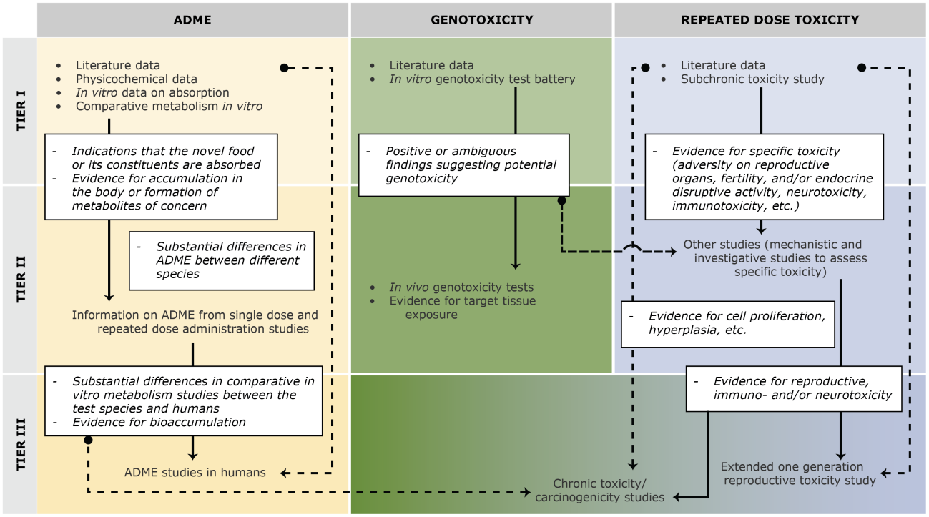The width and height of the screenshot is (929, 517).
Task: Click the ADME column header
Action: coord(192,19)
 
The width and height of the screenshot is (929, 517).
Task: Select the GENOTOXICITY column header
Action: coord(481,19)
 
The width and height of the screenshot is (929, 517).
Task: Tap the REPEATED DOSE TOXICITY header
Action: coord(770,19)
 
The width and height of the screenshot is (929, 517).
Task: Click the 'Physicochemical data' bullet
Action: coord(136,79)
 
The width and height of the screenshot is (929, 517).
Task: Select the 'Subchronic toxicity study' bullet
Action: coord(752,79)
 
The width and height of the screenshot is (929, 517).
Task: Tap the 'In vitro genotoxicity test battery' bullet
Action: coord(482,79)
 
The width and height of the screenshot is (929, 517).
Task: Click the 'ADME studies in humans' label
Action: coord(195,473)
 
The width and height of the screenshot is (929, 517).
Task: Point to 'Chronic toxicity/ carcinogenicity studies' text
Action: coord(599,491)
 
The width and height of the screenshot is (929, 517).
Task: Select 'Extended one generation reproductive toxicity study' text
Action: coord(799,473)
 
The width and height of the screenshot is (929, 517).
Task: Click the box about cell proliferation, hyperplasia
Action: coord(727,322)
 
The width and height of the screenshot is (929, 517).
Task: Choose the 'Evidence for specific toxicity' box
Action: coord(762,178)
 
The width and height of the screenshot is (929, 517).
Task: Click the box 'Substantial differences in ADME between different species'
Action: coord(222,260)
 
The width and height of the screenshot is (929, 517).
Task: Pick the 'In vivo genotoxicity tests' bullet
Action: coord(461,287)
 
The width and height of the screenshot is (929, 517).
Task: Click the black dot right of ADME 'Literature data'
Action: coord(284,68)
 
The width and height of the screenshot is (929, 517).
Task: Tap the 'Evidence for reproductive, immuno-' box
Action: coord(793,388)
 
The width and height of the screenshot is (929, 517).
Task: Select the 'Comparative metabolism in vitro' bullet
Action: coord(169,107)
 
